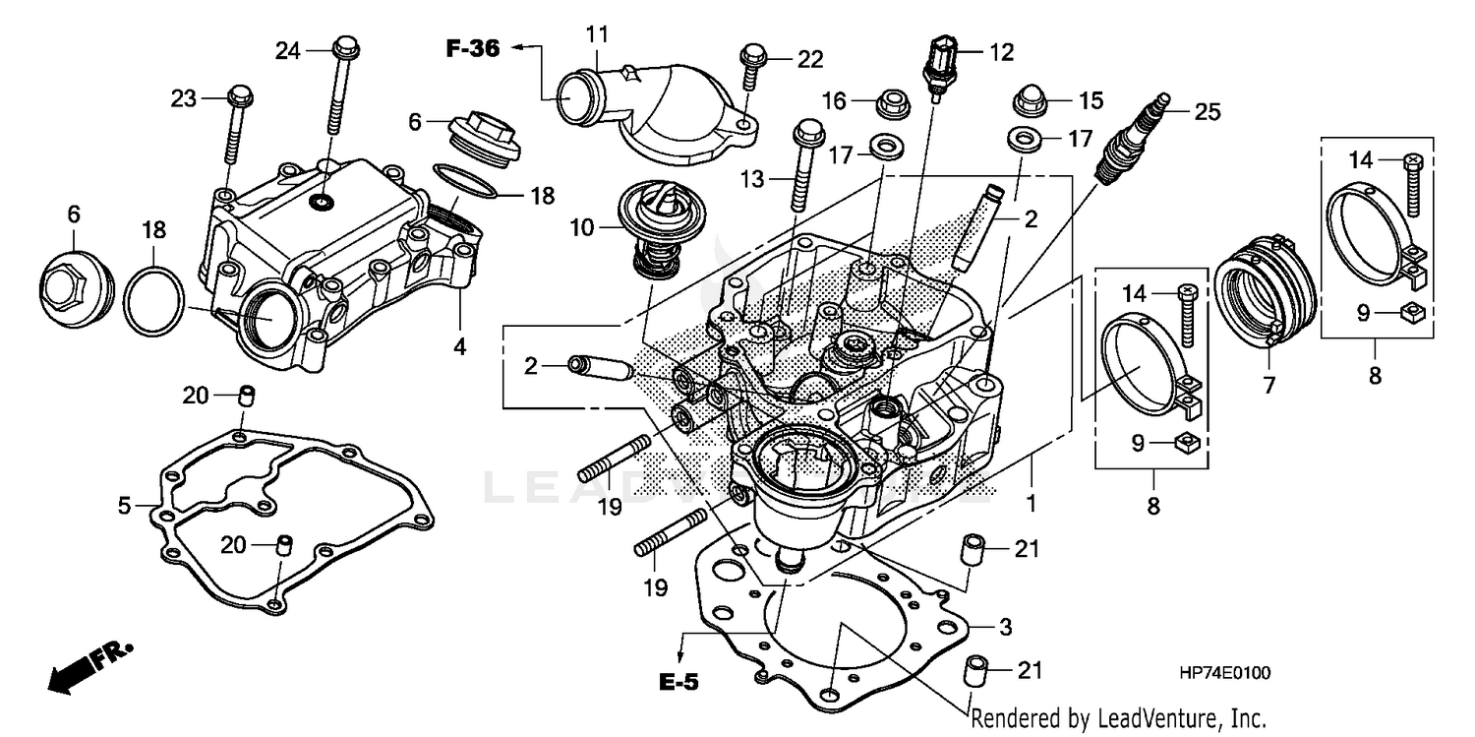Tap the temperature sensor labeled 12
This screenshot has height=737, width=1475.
pyautogui.click(x=942, y=66)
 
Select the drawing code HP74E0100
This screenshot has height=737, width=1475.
pyautogui.click(x=1224, y=673)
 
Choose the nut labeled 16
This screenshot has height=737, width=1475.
pyautogui.click(x=892, y=100)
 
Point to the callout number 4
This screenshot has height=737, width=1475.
pyautogui.click(x=459, y=347)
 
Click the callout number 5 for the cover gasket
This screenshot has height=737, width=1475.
pyautogui.click(x=124, y=506)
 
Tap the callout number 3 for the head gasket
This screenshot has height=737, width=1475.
pyautogui.click(x=1004, y=626)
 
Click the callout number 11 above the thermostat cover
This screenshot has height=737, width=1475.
pyautogui.click(x=598, y=35)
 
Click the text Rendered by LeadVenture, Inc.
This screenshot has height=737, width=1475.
pyautogui.click(x=1117, y=717)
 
